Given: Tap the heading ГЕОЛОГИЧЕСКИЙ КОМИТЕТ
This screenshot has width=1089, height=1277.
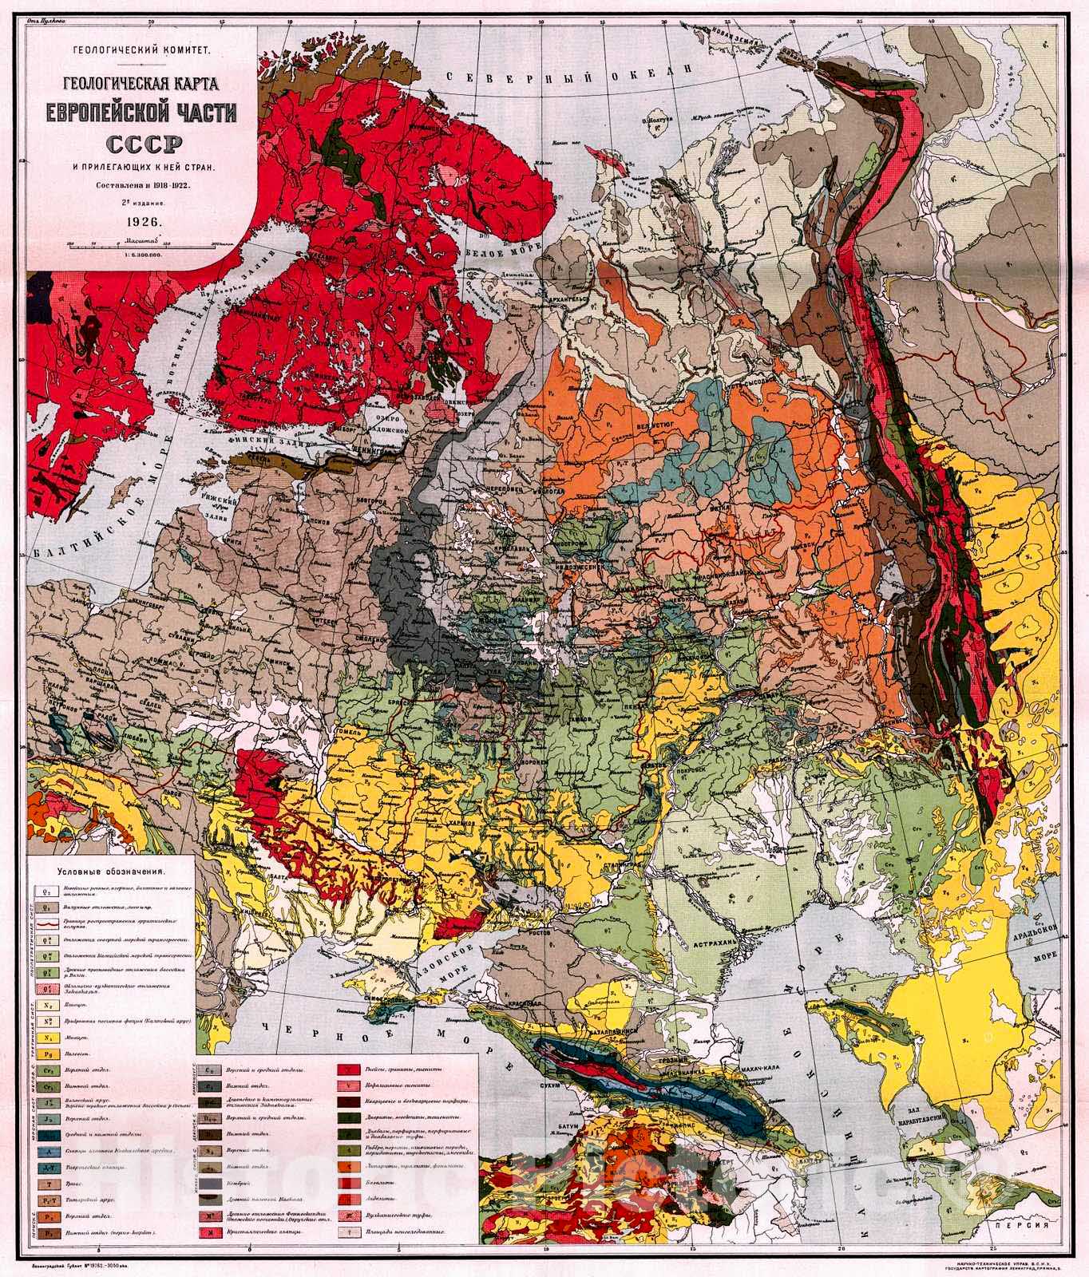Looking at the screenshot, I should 141,50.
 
